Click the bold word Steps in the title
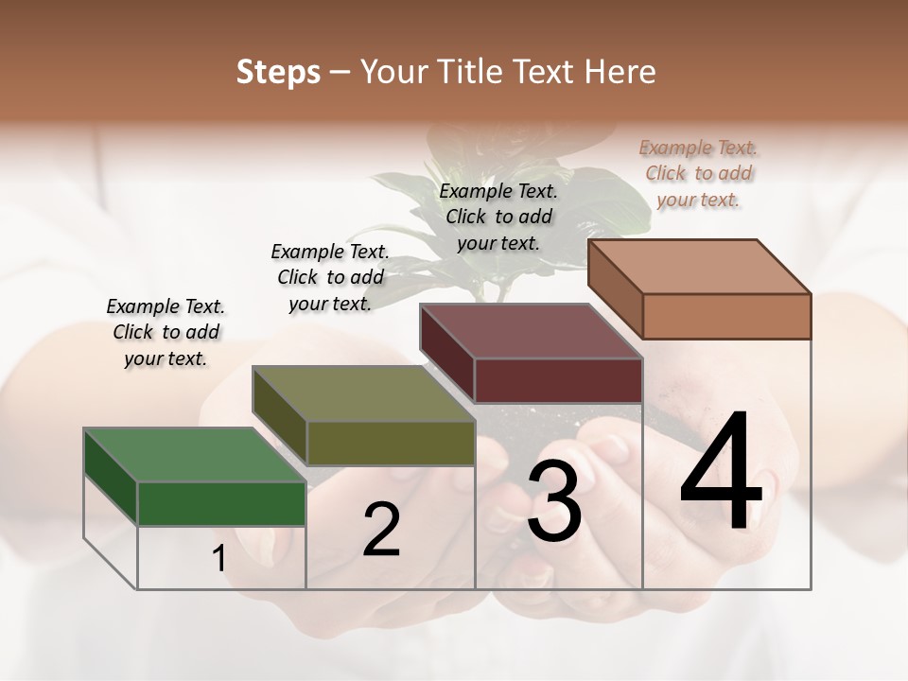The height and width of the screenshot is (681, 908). tap(278, 72)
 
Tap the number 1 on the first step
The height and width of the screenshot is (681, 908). tap(218, 559)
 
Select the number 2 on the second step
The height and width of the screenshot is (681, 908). tap(381, 530)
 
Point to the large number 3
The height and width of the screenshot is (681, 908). tap(554, 501)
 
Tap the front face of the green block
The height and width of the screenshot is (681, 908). tap(221, 503)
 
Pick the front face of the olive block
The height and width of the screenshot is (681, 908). tap(391, 443)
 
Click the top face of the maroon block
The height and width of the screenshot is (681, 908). tap(531, 331)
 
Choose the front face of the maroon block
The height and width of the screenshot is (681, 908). tap(558, 380)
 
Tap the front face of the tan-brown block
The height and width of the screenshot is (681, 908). tap(726, 316)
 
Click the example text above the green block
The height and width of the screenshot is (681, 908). tap(166, 332)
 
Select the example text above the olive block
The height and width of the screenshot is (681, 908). tap(330, 277)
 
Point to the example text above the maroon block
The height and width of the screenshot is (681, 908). tap(498, 217)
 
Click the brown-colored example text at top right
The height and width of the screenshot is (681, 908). tap(698, 173)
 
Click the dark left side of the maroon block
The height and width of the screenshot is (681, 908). tap(447, 352)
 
